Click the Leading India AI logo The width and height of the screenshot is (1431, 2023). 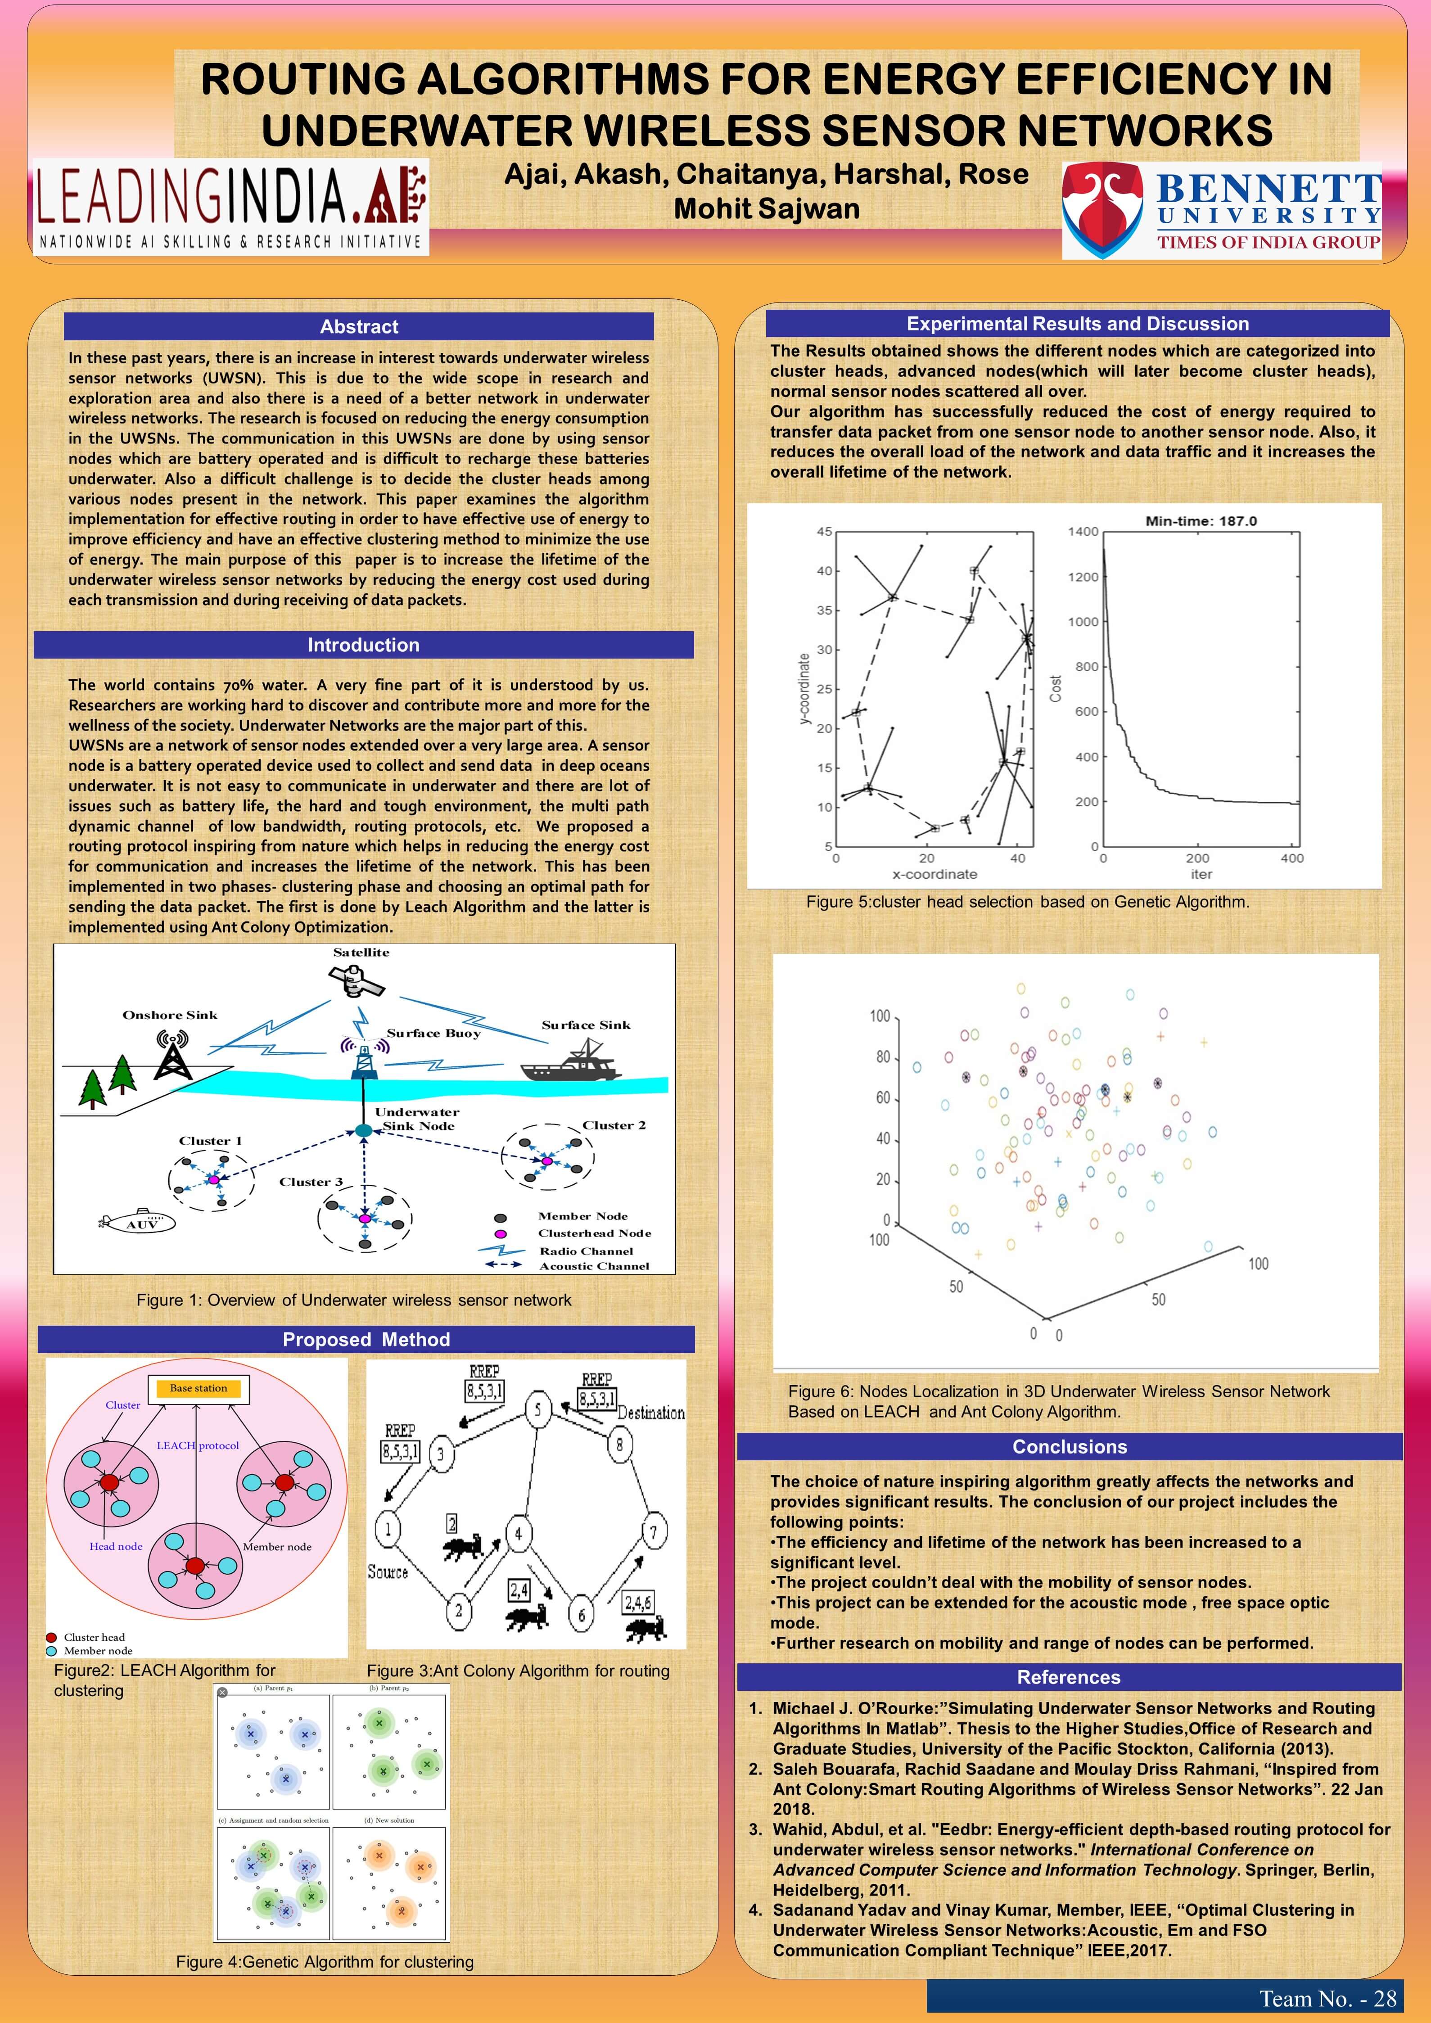click(x=231, y=207)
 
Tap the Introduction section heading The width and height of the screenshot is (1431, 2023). click(x=363, y=645)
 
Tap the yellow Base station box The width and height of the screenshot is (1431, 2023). click(x=198, y=1389)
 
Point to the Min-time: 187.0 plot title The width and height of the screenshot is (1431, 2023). click(x=1201, y=521)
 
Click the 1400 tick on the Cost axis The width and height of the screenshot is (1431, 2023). click(x=1083, y=531)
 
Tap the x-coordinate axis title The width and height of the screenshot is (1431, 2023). click(x=934, y=874)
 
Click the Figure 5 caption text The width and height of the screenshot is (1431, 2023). click(x=1027, y=901)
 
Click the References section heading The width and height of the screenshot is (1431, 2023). click(x=1069, y=1677)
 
